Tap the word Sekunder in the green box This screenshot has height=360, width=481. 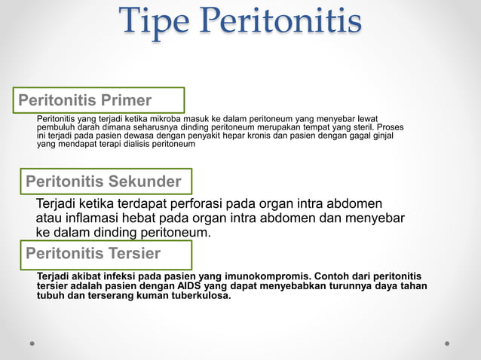(x=144, y=182)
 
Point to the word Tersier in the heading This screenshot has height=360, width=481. (x=134, y=252)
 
